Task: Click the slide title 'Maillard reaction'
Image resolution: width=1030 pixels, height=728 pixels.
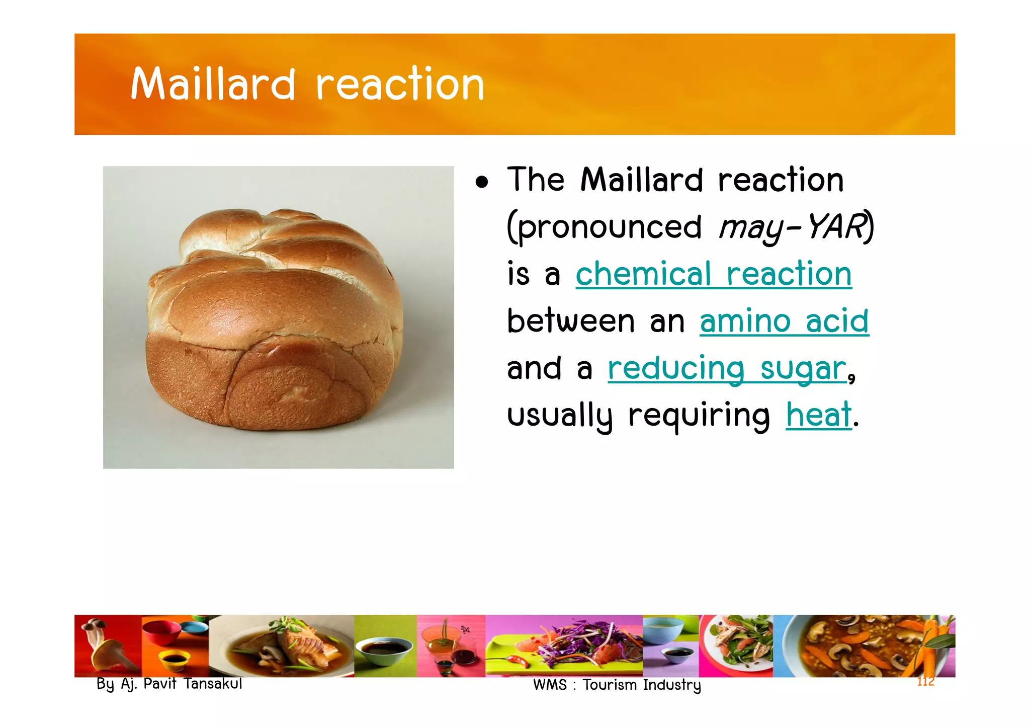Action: (x=307, y=84)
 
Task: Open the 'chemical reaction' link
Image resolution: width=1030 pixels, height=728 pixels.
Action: (x=713, y=274)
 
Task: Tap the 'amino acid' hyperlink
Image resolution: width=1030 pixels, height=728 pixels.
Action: (x=784, y=321)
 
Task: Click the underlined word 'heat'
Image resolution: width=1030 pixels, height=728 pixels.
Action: (x=818, y=415)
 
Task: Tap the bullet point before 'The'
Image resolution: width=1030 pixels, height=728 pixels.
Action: (x=482, y=183)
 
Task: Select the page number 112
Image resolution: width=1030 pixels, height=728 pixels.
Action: (x=925, y=682)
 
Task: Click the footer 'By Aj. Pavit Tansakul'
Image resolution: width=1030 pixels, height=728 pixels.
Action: (x=169, y=684)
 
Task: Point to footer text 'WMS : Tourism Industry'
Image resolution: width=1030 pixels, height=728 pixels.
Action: (x=617, y=685)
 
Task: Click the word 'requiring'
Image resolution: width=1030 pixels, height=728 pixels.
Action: (x=699, y=416)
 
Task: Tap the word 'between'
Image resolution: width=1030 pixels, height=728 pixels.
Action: (x=570, y=321)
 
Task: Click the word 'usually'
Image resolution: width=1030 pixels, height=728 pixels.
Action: (x=559, y=416)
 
